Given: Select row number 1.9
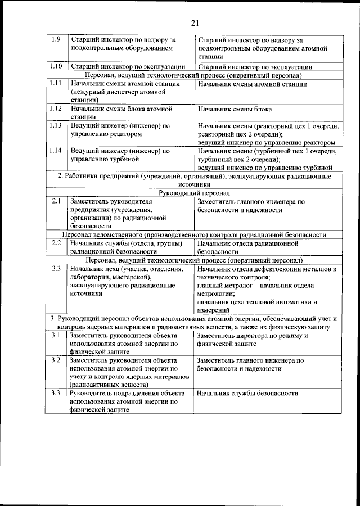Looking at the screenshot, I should click(56, 40).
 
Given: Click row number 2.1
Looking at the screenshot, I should click(56, 201).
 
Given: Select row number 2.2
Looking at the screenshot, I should click(56, 243).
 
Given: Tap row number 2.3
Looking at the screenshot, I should click(56, 269).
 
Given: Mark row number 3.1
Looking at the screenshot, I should click(56, 335).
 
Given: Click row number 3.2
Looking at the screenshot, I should click(56, 359).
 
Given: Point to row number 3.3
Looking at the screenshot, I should click(56, 393).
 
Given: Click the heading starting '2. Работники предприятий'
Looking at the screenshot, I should click(194, 176).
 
